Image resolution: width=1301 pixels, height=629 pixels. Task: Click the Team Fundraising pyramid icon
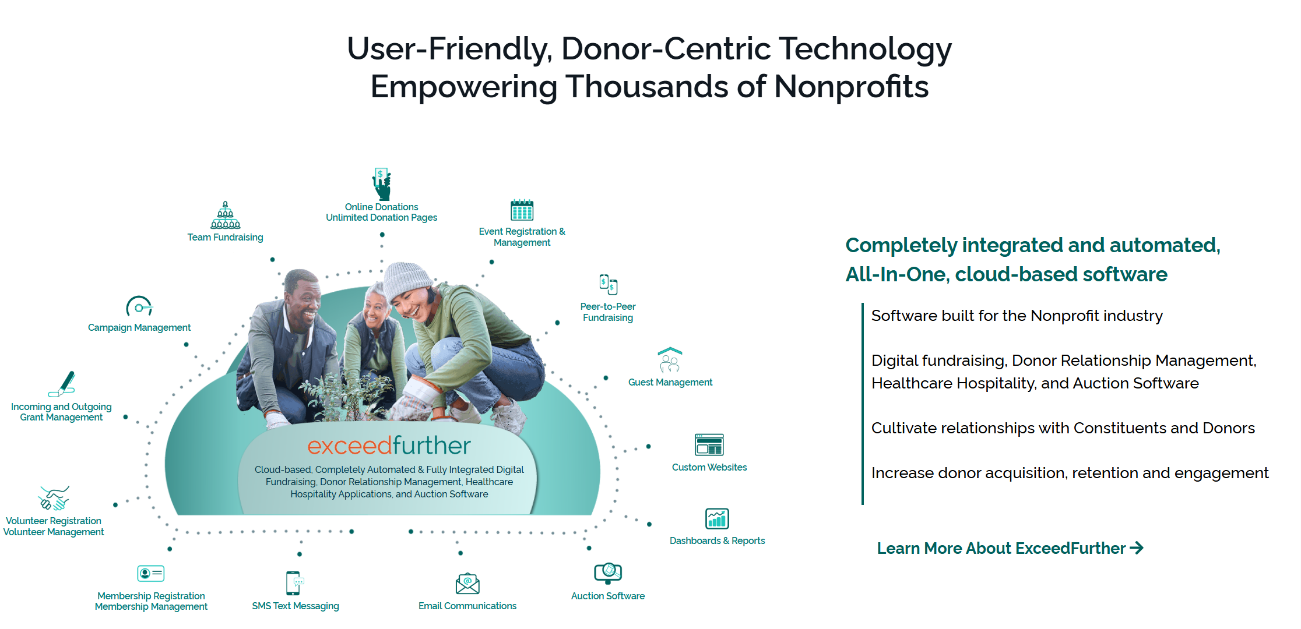click(x=225, y=215)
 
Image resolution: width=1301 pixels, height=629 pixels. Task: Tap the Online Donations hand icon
click(x=382, y=183)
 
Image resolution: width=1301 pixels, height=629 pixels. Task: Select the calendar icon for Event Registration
click(x=522, y=210)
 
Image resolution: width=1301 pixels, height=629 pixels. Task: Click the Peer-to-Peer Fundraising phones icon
click(x=608, y=285)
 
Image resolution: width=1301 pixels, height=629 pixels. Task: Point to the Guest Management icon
click(x=670, y=361)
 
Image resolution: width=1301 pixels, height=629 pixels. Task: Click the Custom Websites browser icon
click(x=709, y=445)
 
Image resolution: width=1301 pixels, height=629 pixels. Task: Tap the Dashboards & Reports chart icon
click(x=717, y=518)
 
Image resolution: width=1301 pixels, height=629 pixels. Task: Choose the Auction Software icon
click(x=608, y=573)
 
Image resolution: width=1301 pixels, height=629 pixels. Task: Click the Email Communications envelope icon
click(x=467, y=584)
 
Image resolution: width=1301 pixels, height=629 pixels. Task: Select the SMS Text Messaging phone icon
click(x=294, y=583)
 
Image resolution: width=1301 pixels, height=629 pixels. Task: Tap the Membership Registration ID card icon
click(x=150, y=574)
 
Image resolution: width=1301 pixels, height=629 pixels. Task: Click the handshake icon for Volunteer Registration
click(x=54, y=499)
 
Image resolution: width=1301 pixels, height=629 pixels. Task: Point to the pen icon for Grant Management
click(x=62, y=384)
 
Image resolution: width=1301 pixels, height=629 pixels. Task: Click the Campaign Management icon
click(x=139, y=306)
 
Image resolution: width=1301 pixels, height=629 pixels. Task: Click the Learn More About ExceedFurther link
click(x=1010, y=549)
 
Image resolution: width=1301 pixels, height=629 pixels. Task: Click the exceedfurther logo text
click(x=389, y=446)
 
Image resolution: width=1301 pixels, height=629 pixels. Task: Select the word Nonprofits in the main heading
click(x=851, y=87)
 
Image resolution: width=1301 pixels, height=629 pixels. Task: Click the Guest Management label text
click(x=670, y=383)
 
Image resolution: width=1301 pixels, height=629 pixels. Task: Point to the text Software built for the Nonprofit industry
click(x=1017, y=316)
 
